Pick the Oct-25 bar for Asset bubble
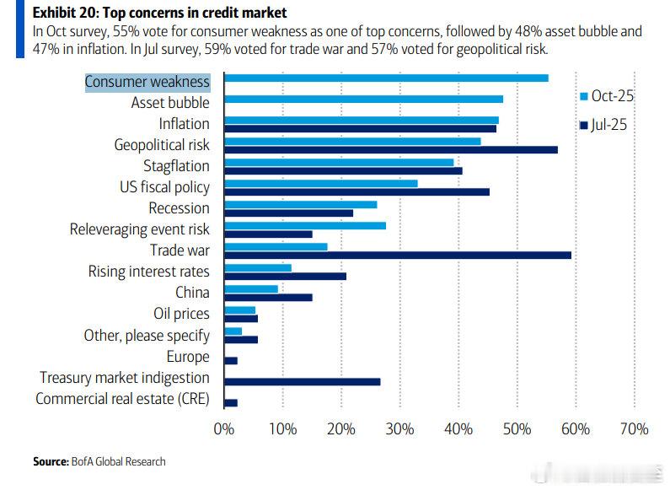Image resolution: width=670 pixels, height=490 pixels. coord(363,99)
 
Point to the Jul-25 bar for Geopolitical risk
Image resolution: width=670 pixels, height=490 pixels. coord(390,149)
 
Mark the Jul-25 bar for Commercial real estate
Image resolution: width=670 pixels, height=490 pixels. coord(230,402)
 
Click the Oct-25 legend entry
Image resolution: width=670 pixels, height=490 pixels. coord(606,95)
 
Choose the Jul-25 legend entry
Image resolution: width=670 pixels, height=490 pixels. coord(606,126)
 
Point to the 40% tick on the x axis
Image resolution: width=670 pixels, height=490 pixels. coord(458,429)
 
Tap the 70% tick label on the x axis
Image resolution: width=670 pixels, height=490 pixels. coord(634,429)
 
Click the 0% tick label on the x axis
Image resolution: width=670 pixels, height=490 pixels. coord(224,429)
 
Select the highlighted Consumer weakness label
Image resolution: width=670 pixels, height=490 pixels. coord(147,82)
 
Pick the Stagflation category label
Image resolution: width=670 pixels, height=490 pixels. coord(176,166)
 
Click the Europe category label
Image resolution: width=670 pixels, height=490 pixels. coord(188,357)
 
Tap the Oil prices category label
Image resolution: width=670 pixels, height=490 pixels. coord(181,314)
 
